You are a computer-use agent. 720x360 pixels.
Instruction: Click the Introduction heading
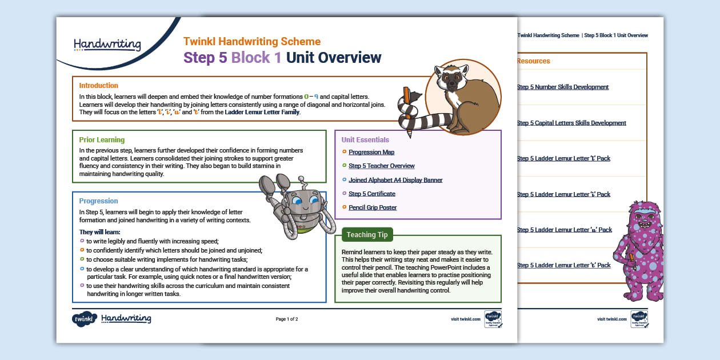99,86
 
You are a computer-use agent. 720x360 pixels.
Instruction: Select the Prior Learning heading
102,139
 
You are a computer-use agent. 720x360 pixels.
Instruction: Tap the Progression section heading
98,201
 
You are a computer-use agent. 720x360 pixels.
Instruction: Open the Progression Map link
371,152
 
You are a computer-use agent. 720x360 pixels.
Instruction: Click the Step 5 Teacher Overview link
381,166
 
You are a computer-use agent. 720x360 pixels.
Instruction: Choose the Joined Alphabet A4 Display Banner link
395,180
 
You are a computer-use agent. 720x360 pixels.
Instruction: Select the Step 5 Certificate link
371,194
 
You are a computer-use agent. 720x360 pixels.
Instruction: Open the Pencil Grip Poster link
373,207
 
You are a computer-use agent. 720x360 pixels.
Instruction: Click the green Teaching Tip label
367,235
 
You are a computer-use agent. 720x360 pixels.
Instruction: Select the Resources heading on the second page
533,61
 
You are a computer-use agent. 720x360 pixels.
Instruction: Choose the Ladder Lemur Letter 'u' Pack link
564,230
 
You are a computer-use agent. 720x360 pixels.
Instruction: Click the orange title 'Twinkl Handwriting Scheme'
251,42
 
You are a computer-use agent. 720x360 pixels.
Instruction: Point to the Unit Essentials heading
365,140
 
